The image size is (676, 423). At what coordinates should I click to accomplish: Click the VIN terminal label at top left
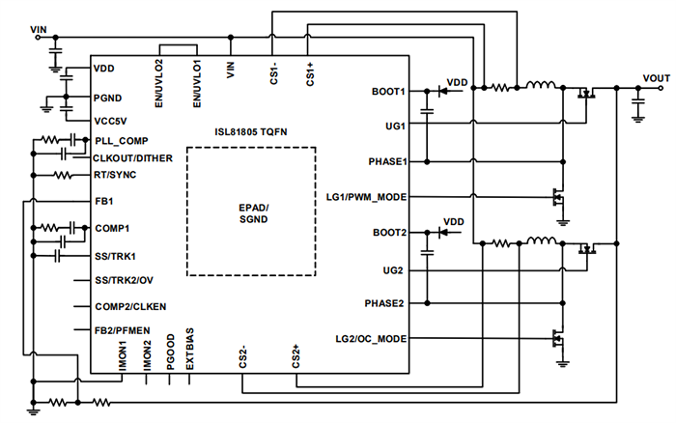point(39,30)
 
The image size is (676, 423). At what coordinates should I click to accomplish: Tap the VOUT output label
point(658,76)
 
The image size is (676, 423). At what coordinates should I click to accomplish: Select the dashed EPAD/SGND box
point(251,212)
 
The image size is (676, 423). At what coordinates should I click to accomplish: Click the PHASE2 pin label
point(385,303)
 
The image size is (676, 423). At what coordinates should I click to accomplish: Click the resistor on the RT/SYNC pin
point(62,176)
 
